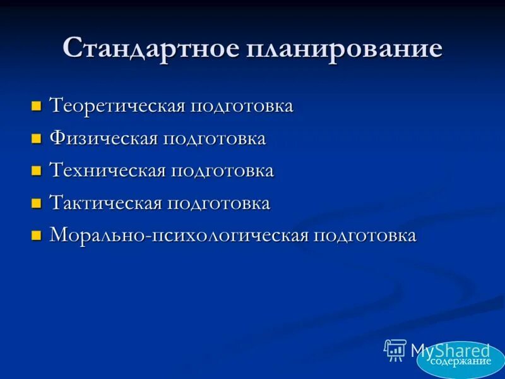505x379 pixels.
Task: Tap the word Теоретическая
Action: tap(117, 105)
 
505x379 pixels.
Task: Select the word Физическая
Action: tap(104, 138)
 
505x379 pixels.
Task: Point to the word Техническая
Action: tap(107, 171)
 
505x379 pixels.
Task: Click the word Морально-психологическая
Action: tap(179, 236)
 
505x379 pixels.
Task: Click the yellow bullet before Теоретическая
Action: tap(36, 105)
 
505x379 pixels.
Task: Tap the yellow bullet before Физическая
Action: tap(36, 138)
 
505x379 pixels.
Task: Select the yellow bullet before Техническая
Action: tap(36, 171)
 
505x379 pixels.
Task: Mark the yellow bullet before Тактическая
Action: tap(36, 203)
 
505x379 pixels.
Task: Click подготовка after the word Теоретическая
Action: tap(241, 105)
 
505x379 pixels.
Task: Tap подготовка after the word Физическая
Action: tap(214, 138)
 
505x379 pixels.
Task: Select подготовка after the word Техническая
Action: tap(222, 171)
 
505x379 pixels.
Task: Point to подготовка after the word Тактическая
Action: tap(218, 204)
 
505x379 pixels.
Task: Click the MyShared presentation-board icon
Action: tap(395, 350)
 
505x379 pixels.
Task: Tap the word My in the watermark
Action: tap(420, 351)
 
